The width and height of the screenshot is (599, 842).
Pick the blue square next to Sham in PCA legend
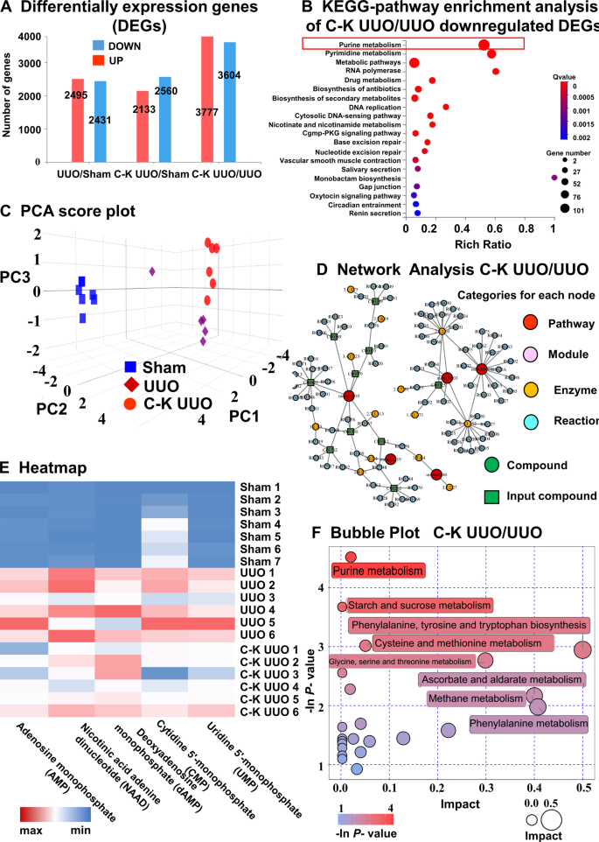(134, 368)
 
